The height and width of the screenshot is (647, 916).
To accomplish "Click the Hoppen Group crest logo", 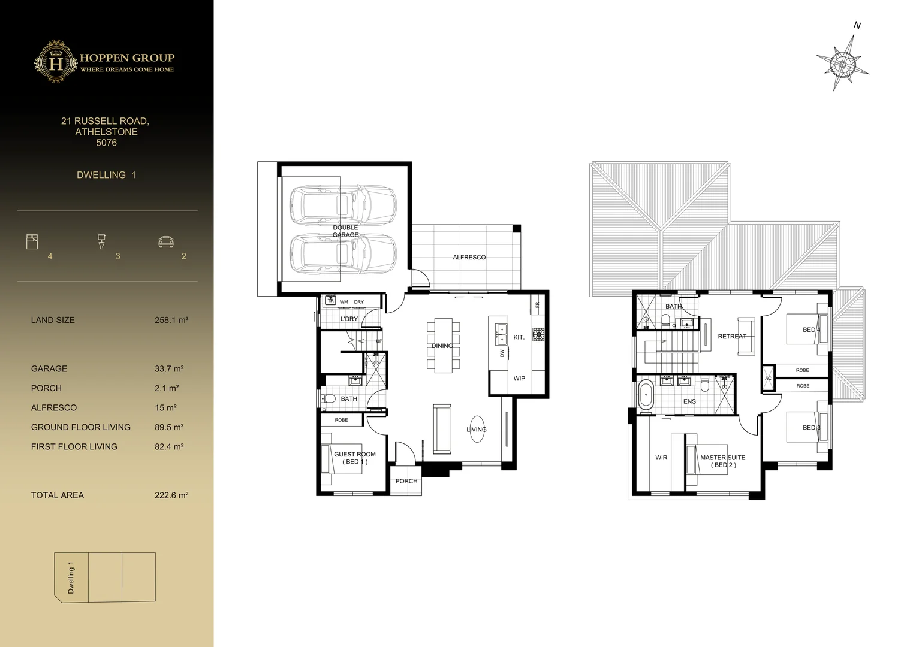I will pyautogui.click(x=55, y=62).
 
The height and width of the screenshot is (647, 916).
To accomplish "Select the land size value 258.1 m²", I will pyautogui.click(x=171, y=320).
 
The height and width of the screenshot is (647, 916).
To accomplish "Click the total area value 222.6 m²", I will pyautogui.click(x=171, y=495).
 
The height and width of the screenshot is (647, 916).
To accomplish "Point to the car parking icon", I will pyautogui.click(x=165, y=241).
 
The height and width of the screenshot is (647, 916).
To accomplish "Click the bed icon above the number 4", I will pyautogui.click(x=32, y=241).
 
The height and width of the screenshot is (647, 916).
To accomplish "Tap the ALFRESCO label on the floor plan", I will pyautogui.click(x=469, y=257).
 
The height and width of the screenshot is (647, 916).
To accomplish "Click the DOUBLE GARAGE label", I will pyautogui.click(x=345, y=231).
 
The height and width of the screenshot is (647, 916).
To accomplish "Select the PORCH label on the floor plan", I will pyautogui.click(x=406, y=481).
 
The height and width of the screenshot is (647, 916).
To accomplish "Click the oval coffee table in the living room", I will pyautogui.click(x=477, y=429).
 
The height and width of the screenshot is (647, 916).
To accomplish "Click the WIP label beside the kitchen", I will pyautogui.click(x=519, y=379).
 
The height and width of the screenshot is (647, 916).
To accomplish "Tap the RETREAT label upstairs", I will pyautogui.click(x=732, y=337).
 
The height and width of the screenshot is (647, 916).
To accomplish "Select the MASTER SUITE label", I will pyautogui.click(x=722, y=461).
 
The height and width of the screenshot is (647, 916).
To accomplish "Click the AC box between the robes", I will pyautogui.click(x=768, y=379).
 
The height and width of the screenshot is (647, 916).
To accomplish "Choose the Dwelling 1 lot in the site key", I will pyautogui.click(x=71, y=577).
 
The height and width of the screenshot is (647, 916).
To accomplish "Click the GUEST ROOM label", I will pyautogui.click(x=354, y=458).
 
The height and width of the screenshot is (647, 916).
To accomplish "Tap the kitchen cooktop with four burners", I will pyautogui.click(x=538, y=334).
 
